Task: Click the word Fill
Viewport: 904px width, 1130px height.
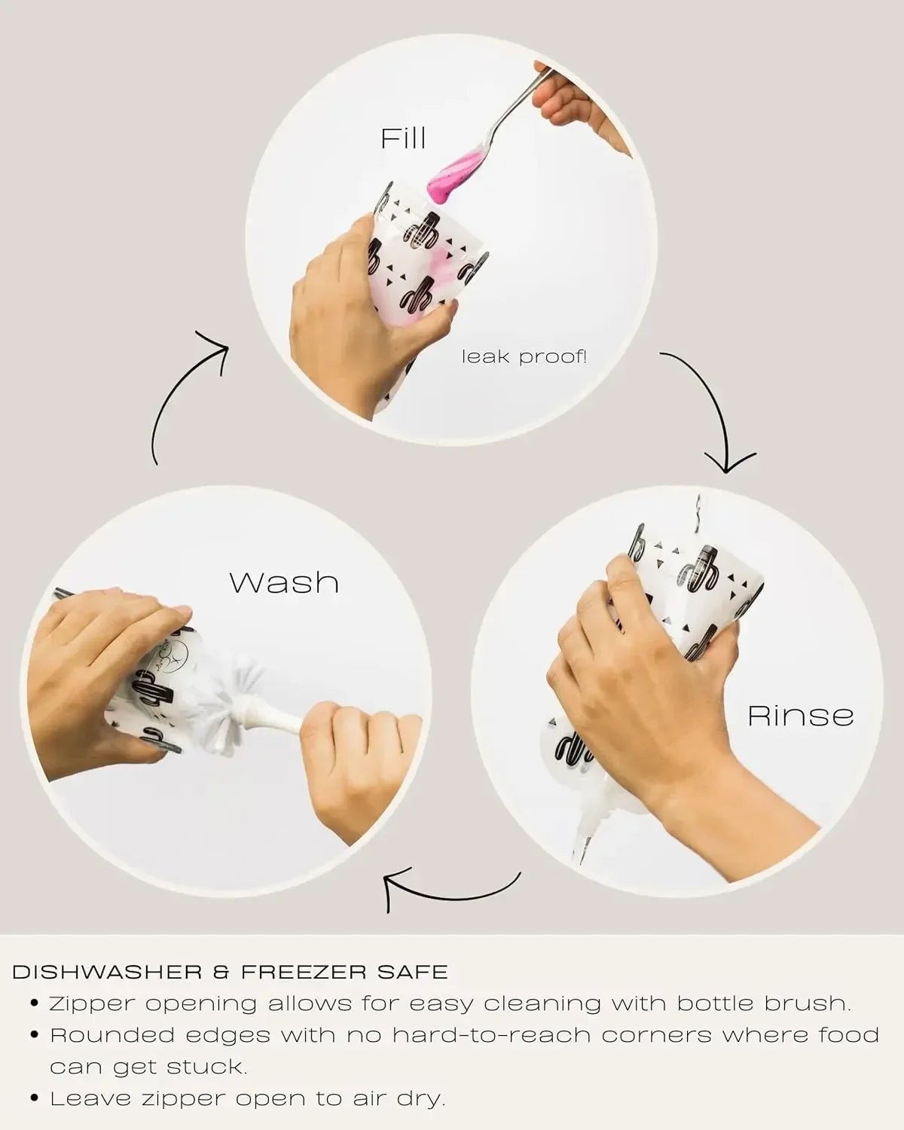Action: tap(403, 138)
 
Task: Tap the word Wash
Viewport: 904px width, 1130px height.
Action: tap(284, 582)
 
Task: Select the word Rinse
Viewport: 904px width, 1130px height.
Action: tap(801, 716)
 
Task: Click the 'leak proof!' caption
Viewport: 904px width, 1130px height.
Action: tap(524, 357)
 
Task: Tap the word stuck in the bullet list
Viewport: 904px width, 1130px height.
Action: tap(206, 1067)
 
